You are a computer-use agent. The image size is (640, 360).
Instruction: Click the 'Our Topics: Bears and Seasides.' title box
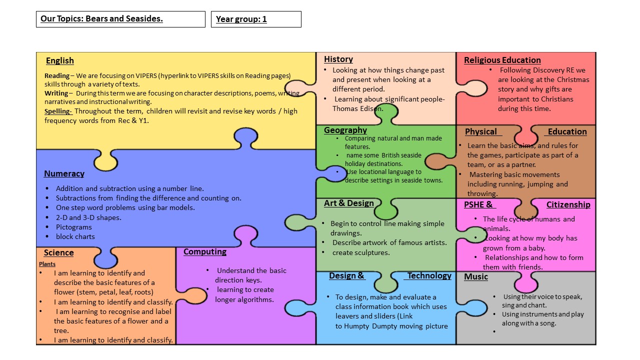[x=120, y=19]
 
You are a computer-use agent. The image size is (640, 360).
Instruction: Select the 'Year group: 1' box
[x=255, y=19]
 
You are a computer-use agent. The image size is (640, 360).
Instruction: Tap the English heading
[x=60, y=60]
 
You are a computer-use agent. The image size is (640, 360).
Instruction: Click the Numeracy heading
[x=64, y=173]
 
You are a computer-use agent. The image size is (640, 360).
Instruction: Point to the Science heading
[x=58, y=252]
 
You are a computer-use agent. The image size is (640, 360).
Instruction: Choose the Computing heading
[x=205, y=251]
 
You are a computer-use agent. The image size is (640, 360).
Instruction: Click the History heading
[x=338, y=59]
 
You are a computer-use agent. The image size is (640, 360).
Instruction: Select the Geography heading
[x=345, y=130]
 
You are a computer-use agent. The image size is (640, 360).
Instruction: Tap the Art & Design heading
[x=349, y=203]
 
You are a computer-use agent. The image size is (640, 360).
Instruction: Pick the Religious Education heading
[x=502, y=60]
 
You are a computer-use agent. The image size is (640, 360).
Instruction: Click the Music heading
[x=476, y=276]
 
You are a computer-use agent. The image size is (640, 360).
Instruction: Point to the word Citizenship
[x=568, y=204]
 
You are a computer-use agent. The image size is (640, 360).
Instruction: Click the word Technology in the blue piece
[x=429, y=275]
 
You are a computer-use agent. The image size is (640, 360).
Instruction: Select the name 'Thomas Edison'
[x=358, y=108]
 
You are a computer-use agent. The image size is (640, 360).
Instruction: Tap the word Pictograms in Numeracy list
[x=74, y=227]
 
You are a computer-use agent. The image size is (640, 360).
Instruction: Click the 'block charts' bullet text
[x=75, y=236]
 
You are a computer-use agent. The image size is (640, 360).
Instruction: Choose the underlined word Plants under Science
[x=47, y=264]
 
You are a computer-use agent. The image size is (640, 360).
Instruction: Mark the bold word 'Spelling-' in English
[x=58, y=111]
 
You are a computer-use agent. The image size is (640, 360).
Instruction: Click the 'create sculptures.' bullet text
[x=361, y=252]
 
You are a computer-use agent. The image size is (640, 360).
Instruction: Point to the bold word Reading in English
[x=57, y=76]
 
